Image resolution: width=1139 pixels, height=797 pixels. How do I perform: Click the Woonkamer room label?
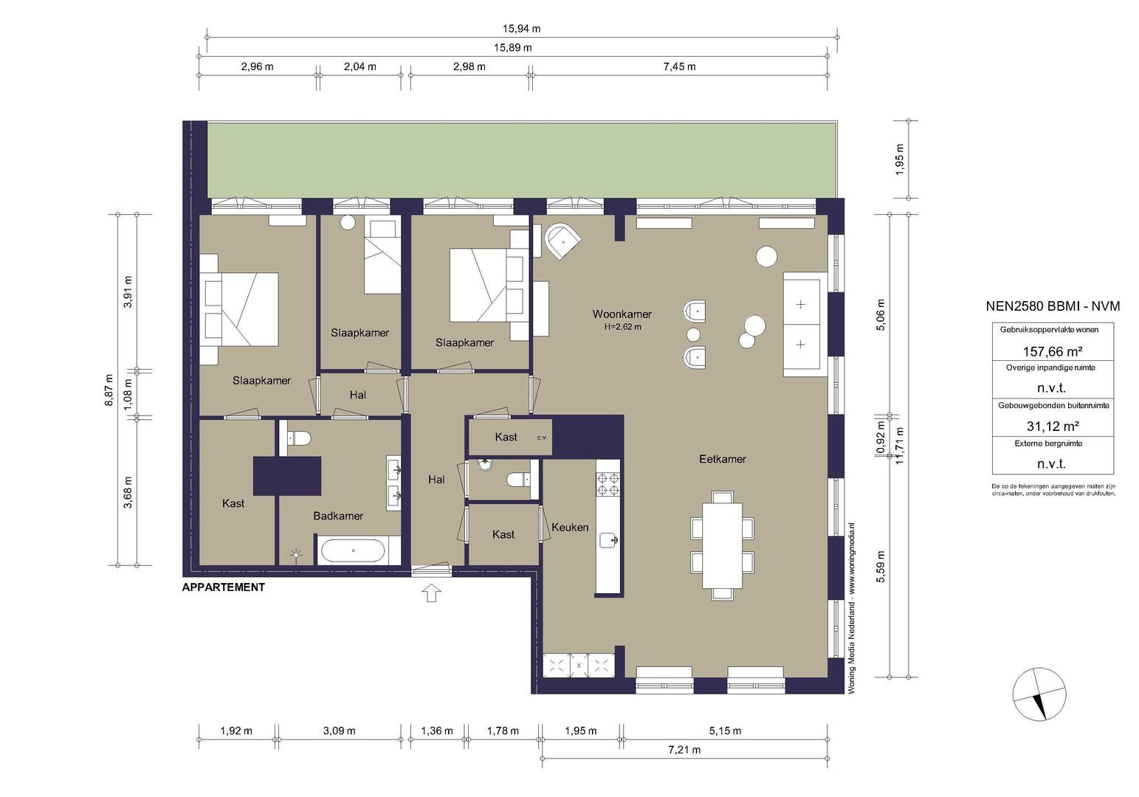click(x=622, y=314)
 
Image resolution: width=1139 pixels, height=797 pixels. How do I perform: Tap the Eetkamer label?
click(x=722, y=459)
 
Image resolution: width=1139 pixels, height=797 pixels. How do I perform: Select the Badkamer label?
click(x=338, y=516)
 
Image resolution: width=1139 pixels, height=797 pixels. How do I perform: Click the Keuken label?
click(x=570, y=527)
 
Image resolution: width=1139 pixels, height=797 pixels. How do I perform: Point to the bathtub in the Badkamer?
click(x=354, y=551)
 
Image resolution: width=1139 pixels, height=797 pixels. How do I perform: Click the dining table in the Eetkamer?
click(x=722, y=545)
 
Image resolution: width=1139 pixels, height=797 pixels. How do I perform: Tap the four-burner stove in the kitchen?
click(x=608, y=484)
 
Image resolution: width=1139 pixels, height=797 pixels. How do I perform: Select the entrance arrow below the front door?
click(x=432, y=593)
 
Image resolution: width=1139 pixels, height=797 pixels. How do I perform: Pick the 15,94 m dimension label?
click(x=522, y=29)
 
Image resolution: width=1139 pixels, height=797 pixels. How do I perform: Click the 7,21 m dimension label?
click(x=684, y=750)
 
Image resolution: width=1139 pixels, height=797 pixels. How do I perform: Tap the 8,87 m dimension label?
click(x=109, y=390)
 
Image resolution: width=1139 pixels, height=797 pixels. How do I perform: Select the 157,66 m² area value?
click(x=1052, y=351)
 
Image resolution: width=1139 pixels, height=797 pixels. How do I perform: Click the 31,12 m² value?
click(x=1052, y=426)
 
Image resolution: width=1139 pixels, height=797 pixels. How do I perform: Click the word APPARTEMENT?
click(x=224, y=587)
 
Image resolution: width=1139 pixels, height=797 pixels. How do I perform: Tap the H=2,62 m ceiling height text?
click(x=622, y=327)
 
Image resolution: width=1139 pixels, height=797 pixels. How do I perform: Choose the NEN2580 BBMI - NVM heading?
click(x=1053, y=306)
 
